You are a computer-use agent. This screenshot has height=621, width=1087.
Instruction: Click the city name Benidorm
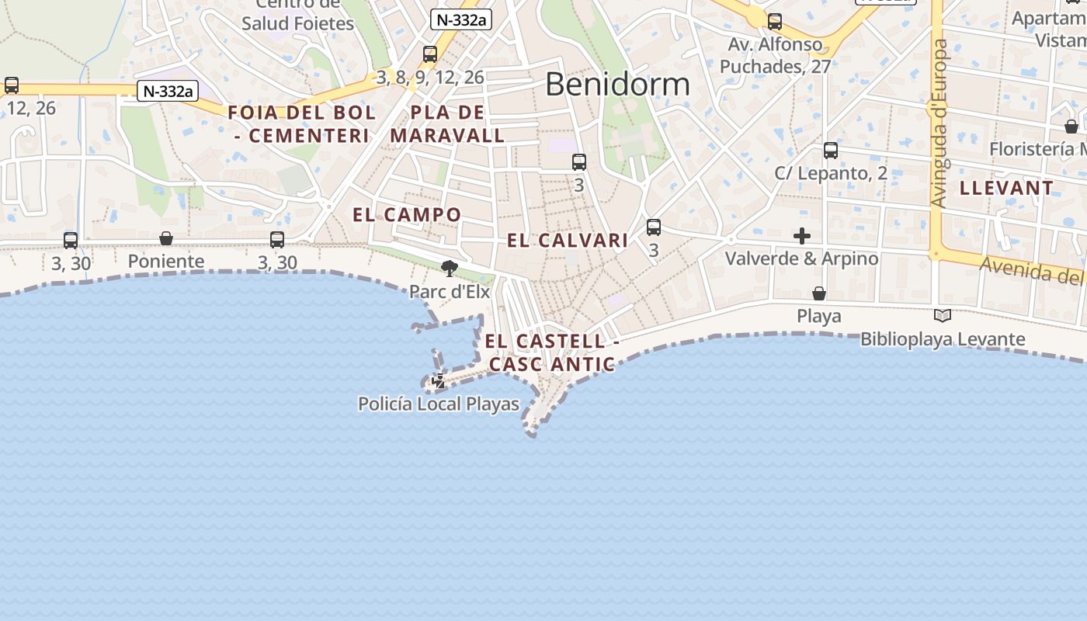[617, 84]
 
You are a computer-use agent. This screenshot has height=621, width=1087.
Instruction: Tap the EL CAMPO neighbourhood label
[407, 215]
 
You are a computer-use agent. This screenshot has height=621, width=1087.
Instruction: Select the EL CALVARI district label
[567, 241]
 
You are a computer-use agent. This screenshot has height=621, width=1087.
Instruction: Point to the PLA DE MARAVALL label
[447, 124]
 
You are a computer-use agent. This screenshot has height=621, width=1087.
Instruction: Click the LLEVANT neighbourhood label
[1006, 188]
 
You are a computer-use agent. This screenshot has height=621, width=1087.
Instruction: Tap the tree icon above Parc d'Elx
[449, 269]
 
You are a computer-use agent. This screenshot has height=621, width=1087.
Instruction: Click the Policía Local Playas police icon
[439, 381]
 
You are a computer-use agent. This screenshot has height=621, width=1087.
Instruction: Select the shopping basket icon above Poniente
[166, 238]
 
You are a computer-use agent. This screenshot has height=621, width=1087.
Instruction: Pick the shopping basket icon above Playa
[819, 293]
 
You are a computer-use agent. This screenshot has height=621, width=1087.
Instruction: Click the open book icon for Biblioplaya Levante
[943, 316]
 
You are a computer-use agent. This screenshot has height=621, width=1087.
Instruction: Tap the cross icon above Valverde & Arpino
[802, 236]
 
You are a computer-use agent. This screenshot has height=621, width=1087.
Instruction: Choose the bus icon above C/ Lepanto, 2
[831, 151]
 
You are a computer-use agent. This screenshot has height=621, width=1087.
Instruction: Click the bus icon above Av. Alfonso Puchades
[775, 22]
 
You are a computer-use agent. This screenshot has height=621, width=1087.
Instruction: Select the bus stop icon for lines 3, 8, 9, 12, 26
[430, 54]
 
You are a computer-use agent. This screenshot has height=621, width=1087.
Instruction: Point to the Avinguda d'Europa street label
[939, 124]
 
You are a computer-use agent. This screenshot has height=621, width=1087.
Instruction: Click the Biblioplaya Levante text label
[943, 339]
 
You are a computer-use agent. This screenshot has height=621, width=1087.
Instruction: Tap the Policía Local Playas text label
[439, 404]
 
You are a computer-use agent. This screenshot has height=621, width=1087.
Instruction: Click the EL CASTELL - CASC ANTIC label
[552, 352]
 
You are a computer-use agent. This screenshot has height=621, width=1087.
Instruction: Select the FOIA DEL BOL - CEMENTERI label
[301, 124]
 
